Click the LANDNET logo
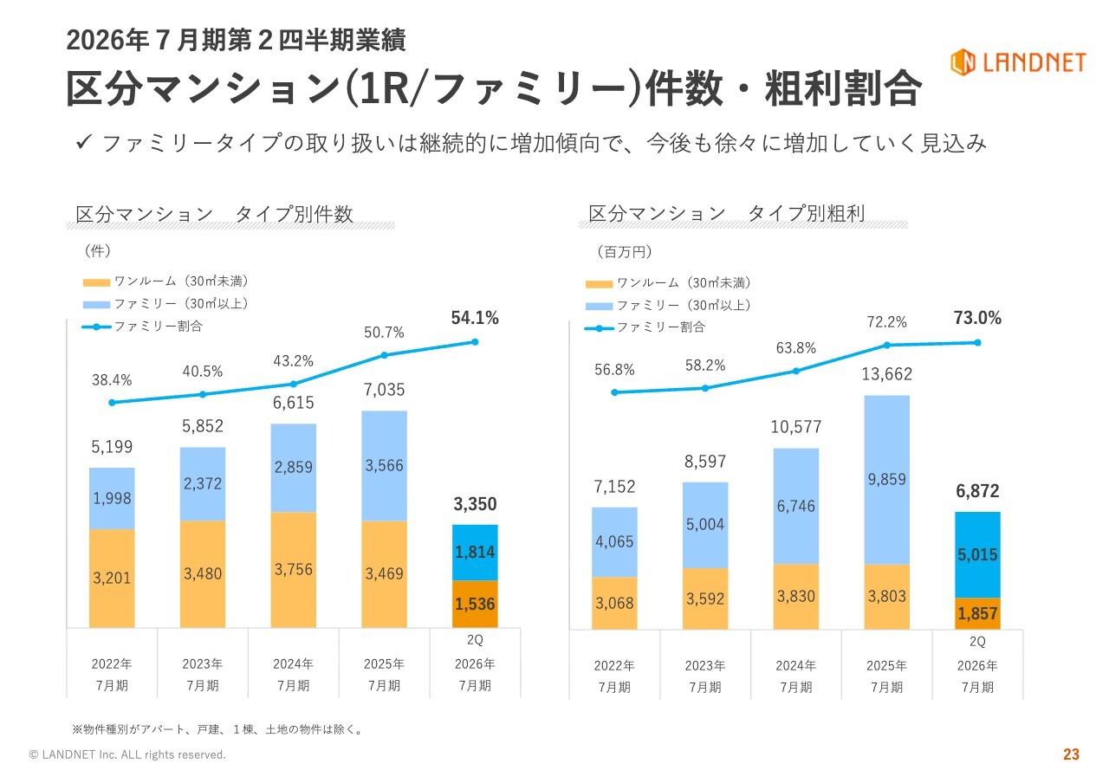1017,61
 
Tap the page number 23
1071,754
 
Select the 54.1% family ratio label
475,319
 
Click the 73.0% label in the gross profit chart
977,319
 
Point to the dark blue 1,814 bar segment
475,553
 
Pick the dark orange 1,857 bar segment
977,612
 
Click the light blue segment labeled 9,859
886,480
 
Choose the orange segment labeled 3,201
112,578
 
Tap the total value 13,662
886,374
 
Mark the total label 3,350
475,504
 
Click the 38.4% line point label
112,379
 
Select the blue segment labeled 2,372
203,483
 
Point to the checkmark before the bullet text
84,142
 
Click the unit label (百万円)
624,252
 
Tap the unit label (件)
97,250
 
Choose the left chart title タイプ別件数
214,214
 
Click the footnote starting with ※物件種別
217,729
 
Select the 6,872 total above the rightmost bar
977,491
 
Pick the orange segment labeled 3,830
796,596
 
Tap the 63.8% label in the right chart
796,348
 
